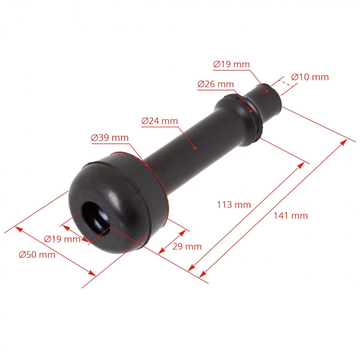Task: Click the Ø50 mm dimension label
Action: [x=37, y=255]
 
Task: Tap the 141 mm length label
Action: [x=290, y=215]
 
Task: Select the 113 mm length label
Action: [x=234, y=205]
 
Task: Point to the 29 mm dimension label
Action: [x=187, y=247]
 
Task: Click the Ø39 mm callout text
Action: [x=110, y=138]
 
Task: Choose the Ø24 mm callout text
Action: [x=160, y=121]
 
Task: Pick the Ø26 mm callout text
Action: [x=215, y=84]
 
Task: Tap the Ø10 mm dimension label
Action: [x=310, y=77]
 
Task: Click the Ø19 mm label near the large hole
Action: [x=62, y=239]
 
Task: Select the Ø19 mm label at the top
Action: [x=231, y=64]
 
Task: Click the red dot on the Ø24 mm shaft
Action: [x=195, y=148]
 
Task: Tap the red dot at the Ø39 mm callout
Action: [x=146, y=165]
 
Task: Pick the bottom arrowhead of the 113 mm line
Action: [x=191, y=268]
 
